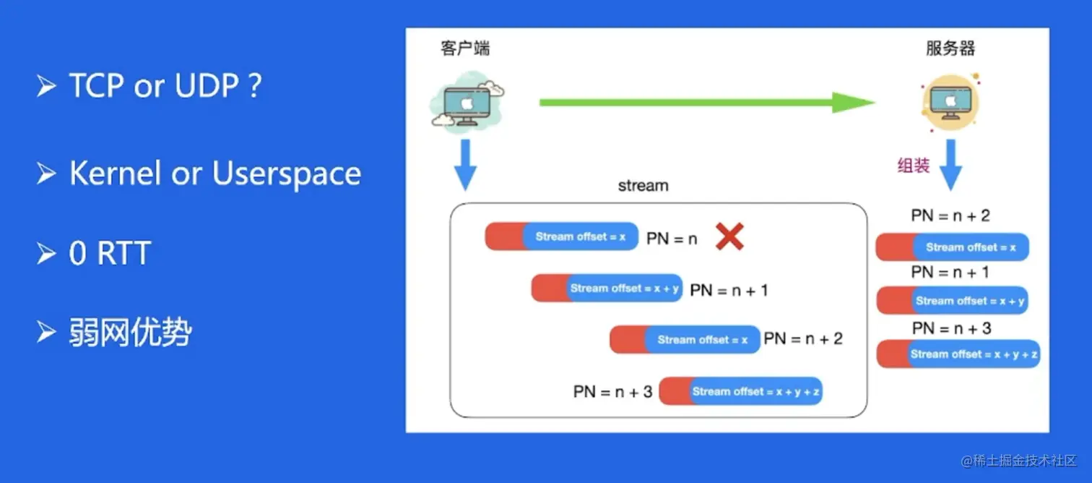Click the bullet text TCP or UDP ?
click(x=165, y=86)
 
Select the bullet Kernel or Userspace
click(x=214, y=174)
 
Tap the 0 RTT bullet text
click(x=109, y=254)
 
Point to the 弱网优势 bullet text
click(x=130, y=333)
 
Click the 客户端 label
click(x=465, y=48)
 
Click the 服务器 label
click(x=950, y=48)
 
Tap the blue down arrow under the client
click(x=466, y=164)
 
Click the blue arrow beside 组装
click(x=950, y=164)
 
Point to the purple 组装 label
click(x=913, y=166)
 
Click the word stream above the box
click(x=643, y=186)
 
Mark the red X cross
click(x=729, y=236)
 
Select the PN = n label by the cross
click(x=672, y=238)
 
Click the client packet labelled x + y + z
click(x=740, y=391)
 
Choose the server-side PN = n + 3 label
click(x=950, y=328)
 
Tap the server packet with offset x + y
click(x=952, y=301)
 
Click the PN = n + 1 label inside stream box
click(x=729, y=290)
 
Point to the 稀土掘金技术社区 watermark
click(x=1018, y=461)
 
